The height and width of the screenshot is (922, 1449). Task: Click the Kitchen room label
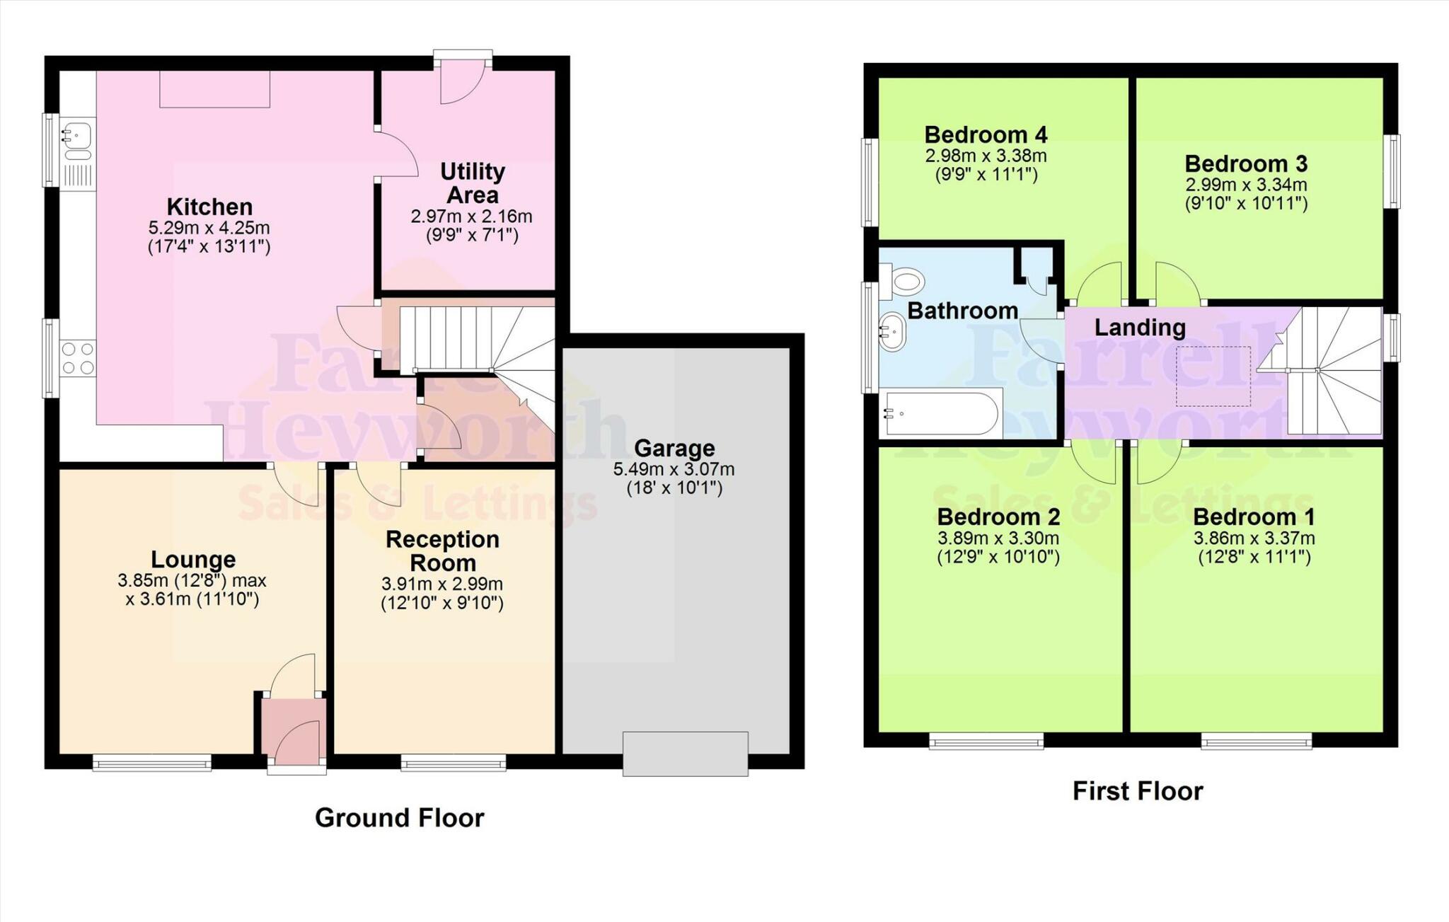coord(209,207)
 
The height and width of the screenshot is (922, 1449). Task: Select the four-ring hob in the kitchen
coord(78,358)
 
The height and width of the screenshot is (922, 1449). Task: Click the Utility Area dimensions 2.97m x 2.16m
coord(471,217)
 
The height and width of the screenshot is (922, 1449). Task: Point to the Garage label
coord(674,448)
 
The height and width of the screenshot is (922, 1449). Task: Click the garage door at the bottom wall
coord(685,754)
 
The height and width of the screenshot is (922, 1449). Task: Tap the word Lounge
coord(193,560)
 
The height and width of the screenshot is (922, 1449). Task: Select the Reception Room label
coord(442,551)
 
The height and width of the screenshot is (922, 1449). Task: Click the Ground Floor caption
coord(399,818)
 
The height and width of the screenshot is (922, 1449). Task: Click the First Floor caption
coord(1137,791)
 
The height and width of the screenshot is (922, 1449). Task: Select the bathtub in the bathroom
coord(941,413)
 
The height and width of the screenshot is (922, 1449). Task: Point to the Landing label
coord(1140,328)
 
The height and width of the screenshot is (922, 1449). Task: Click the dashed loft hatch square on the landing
coord(1213,376)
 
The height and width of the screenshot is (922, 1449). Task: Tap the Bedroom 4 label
coord(986,134)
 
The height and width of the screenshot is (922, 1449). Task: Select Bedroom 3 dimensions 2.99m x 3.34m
coord(1246,185)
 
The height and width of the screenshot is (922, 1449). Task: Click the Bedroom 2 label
coord(998,517)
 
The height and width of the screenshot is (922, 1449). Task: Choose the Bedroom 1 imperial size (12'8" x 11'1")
coord(1254,558)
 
